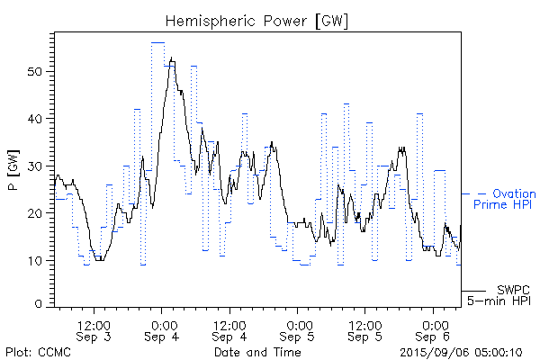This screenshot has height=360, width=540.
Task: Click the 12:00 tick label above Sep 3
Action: click(x=94, y=322)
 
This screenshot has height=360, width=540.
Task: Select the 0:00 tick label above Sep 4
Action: click(x=163, y=322)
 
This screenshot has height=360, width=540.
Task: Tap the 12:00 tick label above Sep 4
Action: click(x=230, y=322)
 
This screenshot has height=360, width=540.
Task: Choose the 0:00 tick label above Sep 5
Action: click(x=299, y=322)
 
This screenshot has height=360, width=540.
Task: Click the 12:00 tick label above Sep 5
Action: click(x=366, y=322)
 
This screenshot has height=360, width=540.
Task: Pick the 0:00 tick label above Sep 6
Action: click(x=435, y=322)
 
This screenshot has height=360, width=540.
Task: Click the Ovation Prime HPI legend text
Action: click(x=509, y=200)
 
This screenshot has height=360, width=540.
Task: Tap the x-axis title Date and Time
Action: click(x=257, y=352)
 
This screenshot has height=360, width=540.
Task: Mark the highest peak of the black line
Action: click(x=171, y=58)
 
